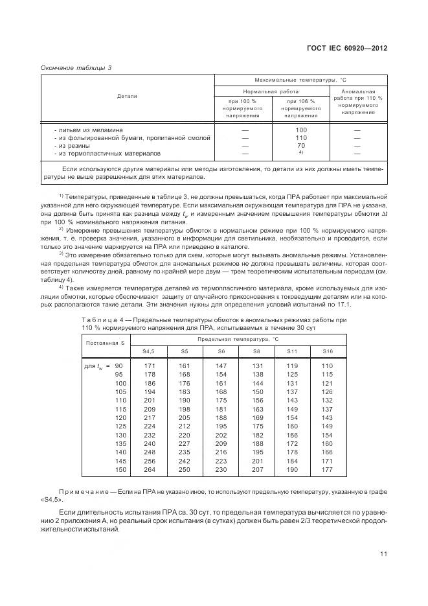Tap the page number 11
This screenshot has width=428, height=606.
tap(383, 554)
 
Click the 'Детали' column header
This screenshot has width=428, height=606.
tap(127, 96)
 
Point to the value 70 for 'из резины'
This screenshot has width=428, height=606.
tap(300, 146)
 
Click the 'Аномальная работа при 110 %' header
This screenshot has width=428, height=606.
tap(357, 102)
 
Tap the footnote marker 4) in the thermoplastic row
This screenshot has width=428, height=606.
tap(300, 153)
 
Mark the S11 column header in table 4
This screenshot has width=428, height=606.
tap(292, 351)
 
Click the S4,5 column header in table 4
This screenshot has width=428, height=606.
tap(148, 351)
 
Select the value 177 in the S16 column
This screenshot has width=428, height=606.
tap(326, 469)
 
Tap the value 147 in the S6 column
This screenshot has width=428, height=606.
tap(221, 366)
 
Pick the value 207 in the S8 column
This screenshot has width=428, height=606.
tap(257, 469)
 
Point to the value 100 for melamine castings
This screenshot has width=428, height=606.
tap(300, 130)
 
